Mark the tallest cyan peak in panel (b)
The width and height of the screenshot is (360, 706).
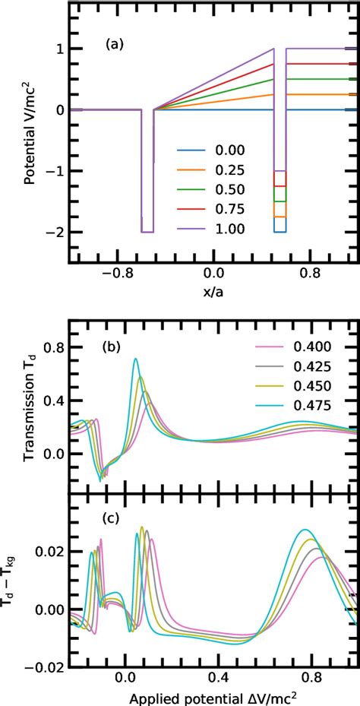135,359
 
